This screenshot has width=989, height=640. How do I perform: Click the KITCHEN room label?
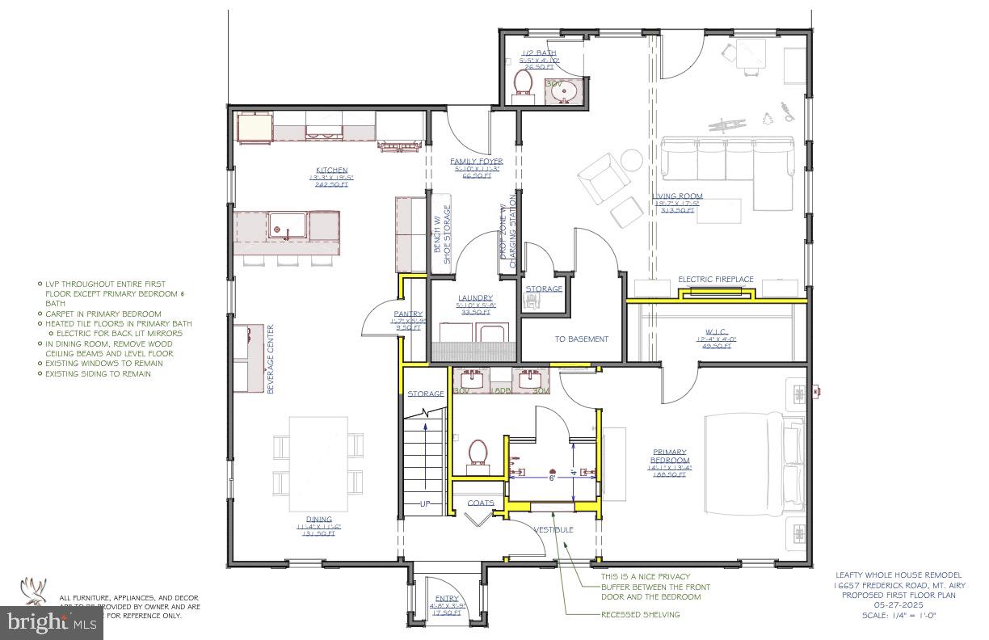click(x=332, y=171)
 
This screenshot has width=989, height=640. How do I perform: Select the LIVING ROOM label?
click(x=677, y=196)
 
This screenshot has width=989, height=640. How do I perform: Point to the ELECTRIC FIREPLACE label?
click(x=715, y=280)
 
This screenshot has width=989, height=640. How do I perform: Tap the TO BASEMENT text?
click(x=581, y=339)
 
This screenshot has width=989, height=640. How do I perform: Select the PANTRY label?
click(x=409, y=314)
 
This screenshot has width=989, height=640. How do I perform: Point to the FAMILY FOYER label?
click(x=477, y=162)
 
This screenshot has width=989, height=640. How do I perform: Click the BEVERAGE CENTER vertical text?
click(x=271, y=359)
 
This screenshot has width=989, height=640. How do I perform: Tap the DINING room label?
click(x=318, y=520)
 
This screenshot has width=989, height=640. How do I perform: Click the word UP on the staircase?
click(x=425, y=504)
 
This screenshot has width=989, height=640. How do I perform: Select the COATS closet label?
click(x=481, y=503)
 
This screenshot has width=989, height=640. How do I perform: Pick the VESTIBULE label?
click(x=553, y=529)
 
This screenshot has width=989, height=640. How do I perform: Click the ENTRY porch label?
click(x=446, y=599)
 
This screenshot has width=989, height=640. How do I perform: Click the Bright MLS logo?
click(x=52, y=621)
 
